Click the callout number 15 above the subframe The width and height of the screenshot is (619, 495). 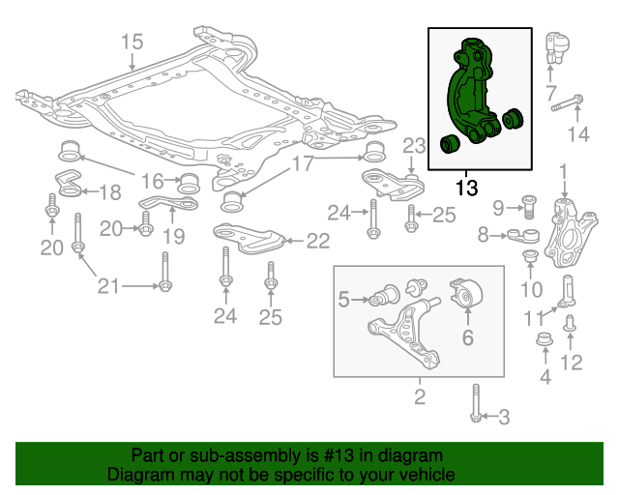(132, 42)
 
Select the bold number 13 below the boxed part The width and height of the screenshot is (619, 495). (466, 188)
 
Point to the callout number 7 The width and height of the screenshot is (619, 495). (551, 94)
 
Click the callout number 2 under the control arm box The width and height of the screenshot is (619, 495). (420, 396)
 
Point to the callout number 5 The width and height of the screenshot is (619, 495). (343, 301)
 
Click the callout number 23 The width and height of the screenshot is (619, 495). (414, 146)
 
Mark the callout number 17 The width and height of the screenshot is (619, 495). (303, 163)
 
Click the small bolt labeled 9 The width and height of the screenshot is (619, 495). (528, 205)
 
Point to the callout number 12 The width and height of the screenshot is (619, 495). (573, 364)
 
